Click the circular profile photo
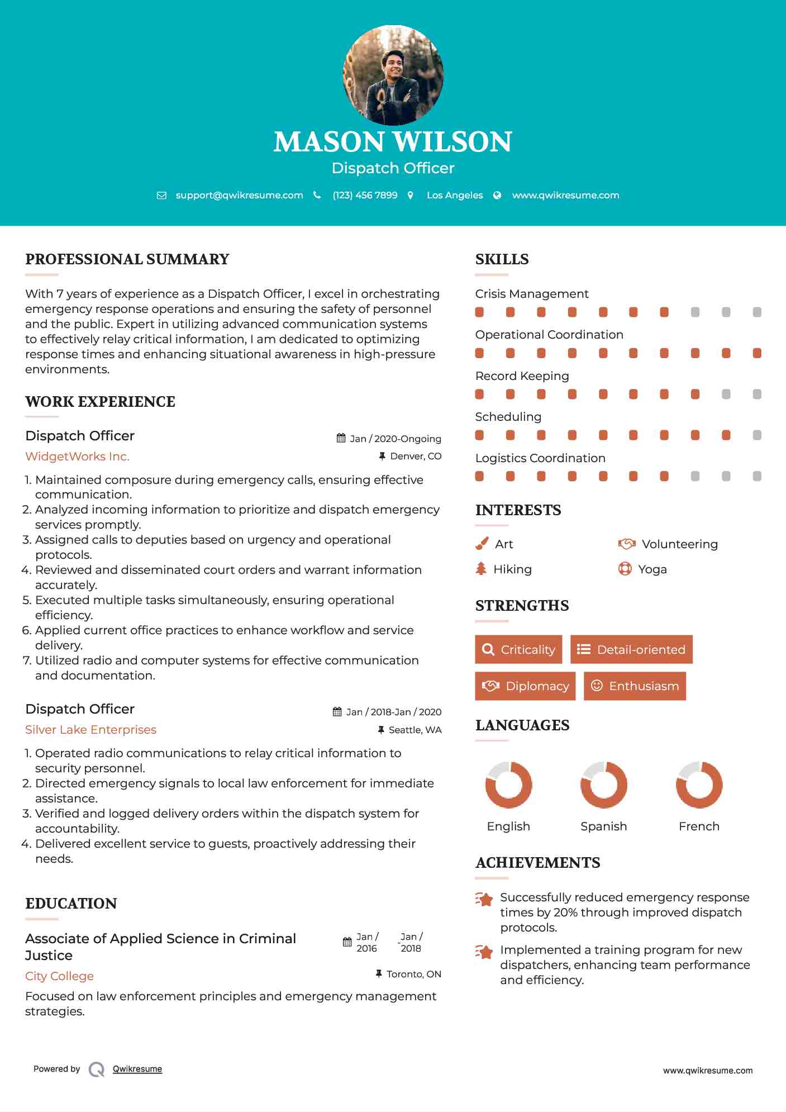[393, 75]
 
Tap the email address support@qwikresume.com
[239, 195]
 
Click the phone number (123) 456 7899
[365, 195]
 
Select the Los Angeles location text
[455, 195]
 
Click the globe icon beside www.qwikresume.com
[497, 195]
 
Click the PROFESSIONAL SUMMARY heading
[127, 259]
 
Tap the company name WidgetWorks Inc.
[77, 457]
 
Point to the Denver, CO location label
[416, 457]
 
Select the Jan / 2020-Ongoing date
[396, 439]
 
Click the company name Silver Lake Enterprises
[90, 730]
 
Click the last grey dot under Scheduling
[757, 435]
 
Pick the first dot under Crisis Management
[479, 312]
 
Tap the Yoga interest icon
[625, 569]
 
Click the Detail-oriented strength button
[631, 649]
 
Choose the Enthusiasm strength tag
[635, 686]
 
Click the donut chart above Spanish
[603, 785]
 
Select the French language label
[699, 826]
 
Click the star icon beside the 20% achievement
[484, 899]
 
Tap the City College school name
[59, 976]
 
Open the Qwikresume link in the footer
[137, 1069]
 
